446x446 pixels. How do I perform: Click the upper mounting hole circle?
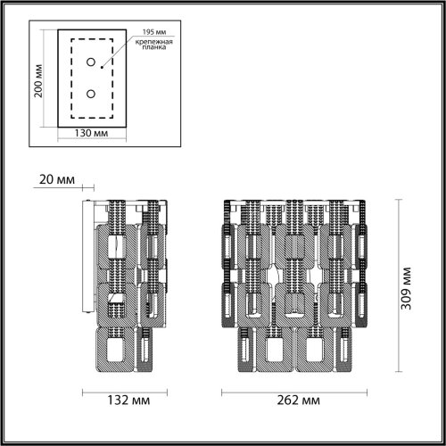click(91, 62)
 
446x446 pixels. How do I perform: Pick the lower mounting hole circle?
click(91, 92)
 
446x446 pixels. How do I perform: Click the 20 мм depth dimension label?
click(58, 179)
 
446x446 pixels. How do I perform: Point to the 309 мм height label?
click(406, 285)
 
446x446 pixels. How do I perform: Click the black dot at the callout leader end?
click(103, 66)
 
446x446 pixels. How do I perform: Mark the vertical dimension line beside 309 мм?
click(393, 285)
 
